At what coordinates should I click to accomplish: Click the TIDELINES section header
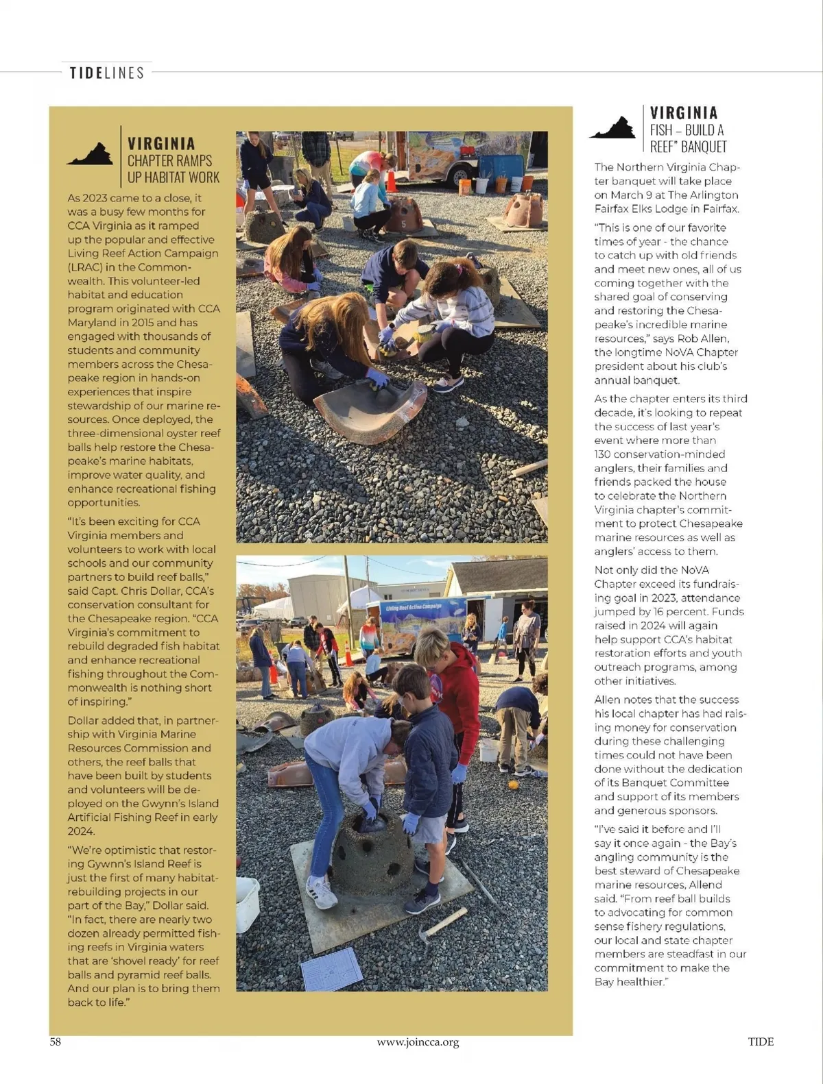coord(107,73)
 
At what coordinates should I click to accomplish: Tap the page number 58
coord(56,1042)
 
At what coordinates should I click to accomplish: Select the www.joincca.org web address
coord(418,1042)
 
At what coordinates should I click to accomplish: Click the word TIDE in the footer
coord(761,1042)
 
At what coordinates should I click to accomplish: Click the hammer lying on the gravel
coord(443,922)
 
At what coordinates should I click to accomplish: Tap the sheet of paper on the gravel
coord(332,969)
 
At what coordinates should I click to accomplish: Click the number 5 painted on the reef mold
coord(404,224)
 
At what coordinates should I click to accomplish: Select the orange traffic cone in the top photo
coord(391,181)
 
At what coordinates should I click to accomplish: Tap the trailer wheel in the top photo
coord(457,175)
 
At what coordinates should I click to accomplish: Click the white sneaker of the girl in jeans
coord(321,892)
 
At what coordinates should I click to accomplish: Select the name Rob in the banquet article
coord(687,338)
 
